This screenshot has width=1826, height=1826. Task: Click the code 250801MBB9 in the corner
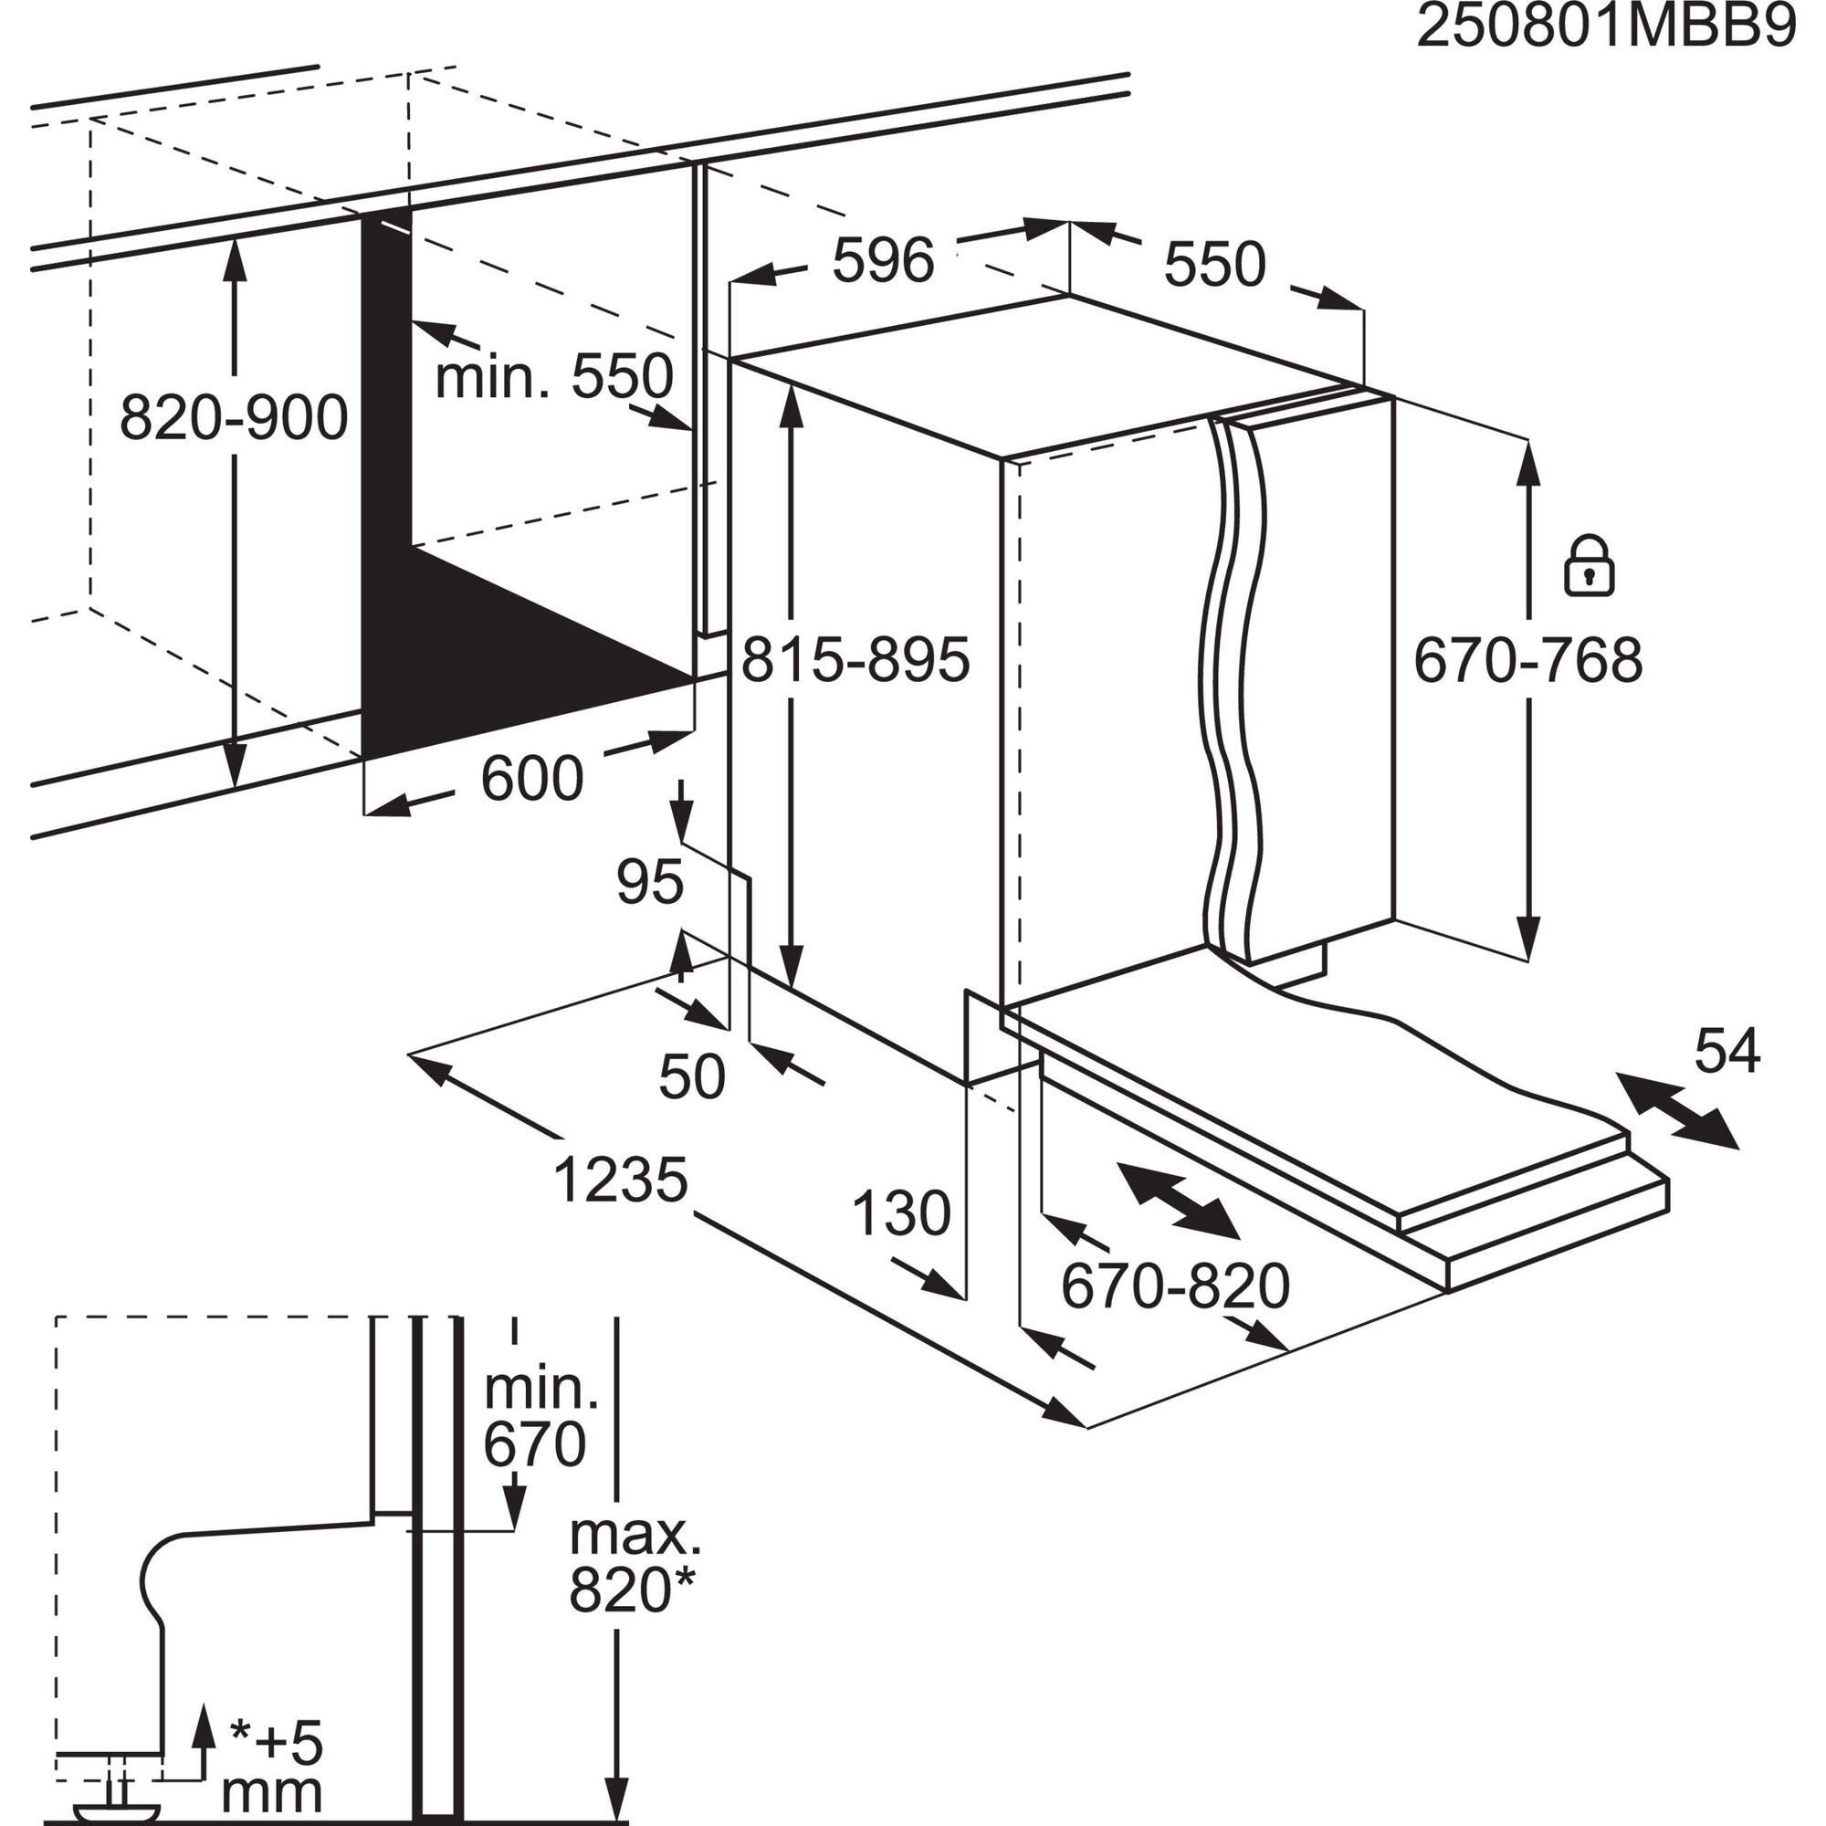[1605, 28]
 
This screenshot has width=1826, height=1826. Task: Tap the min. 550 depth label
[554, 376]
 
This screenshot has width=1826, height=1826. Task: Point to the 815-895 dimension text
[855, 660]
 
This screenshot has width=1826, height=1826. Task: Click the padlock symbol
[1588, 567]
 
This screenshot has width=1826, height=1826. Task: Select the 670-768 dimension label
[1527, 660]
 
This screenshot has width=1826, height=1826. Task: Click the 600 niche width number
[531, 779]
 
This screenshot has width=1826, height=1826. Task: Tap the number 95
[649, 882]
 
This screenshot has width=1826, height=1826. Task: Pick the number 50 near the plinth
[692, 1076]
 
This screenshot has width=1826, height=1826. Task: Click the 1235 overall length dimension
[620, 1181]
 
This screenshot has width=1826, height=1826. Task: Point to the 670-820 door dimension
[1175, 1286]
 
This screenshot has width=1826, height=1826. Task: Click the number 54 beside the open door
[1726, 1051]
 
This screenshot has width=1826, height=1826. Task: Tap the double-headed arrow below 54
[1676, 1110]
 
